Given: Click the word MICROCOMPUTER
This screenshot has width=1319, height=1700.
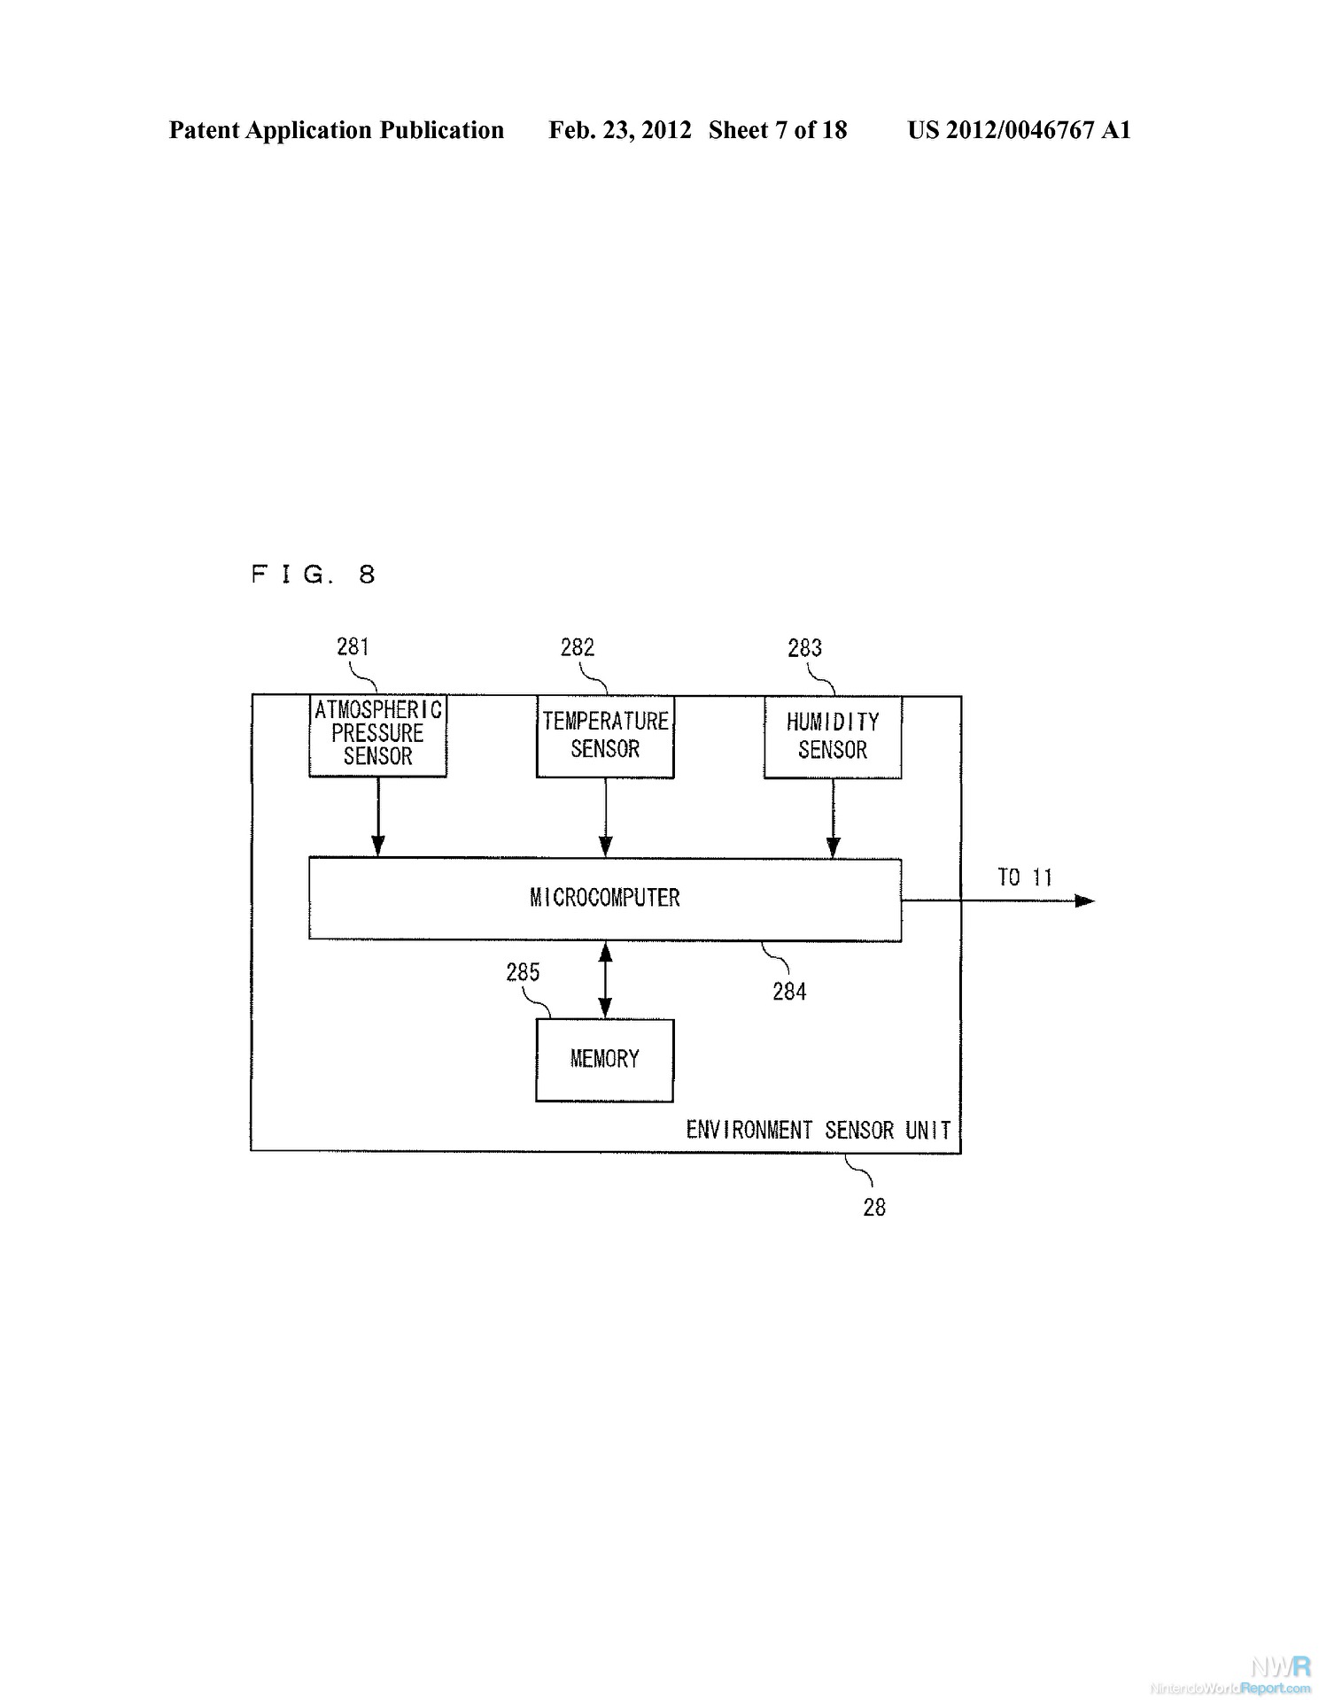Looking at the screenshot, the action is point(605,898).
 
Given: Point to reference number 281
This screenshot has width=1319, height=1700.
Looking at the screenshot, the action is point(353,646).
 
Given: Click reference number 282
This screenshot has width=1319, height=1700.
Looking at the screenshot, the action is point(578,647).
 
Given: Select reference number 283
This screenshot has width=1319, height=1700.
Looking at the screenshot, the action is point(805,648).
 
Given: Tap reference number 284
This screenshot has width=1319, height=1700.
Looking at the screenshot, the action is point(789,992).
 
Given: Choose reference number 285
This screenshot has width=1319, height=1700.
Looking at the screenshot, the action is point(523,972).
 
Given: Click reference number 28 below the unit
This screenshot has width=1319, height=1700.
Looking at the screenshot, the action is point(874,1208).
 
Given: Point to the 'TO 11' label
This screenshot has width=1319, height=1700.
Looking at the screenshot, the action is point(1025,877).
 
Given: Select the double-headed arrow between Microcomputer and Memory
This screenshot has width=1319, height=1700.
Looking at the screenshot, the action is point(605,980).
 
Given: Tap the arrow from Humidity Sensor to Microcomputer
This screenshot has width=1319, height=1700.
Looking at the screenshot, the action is point(833,819).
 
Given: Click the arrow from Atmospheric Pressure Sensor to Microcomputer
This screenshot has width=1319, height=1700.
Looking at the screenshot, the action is point(377,817).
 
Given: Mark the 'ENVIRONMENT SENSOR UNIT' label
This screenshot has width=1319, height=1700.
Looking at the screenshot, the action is point(819,1131).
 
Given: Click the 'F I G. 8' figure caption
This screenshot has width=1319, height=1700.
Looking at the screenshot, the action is point(314,575).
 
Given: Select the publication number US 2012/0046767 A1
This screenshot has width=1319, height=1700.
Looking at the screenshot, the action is point(1020,130).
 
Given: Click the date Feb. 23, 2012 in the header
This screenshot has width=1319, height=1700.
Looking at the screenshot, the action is point(620,130).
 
